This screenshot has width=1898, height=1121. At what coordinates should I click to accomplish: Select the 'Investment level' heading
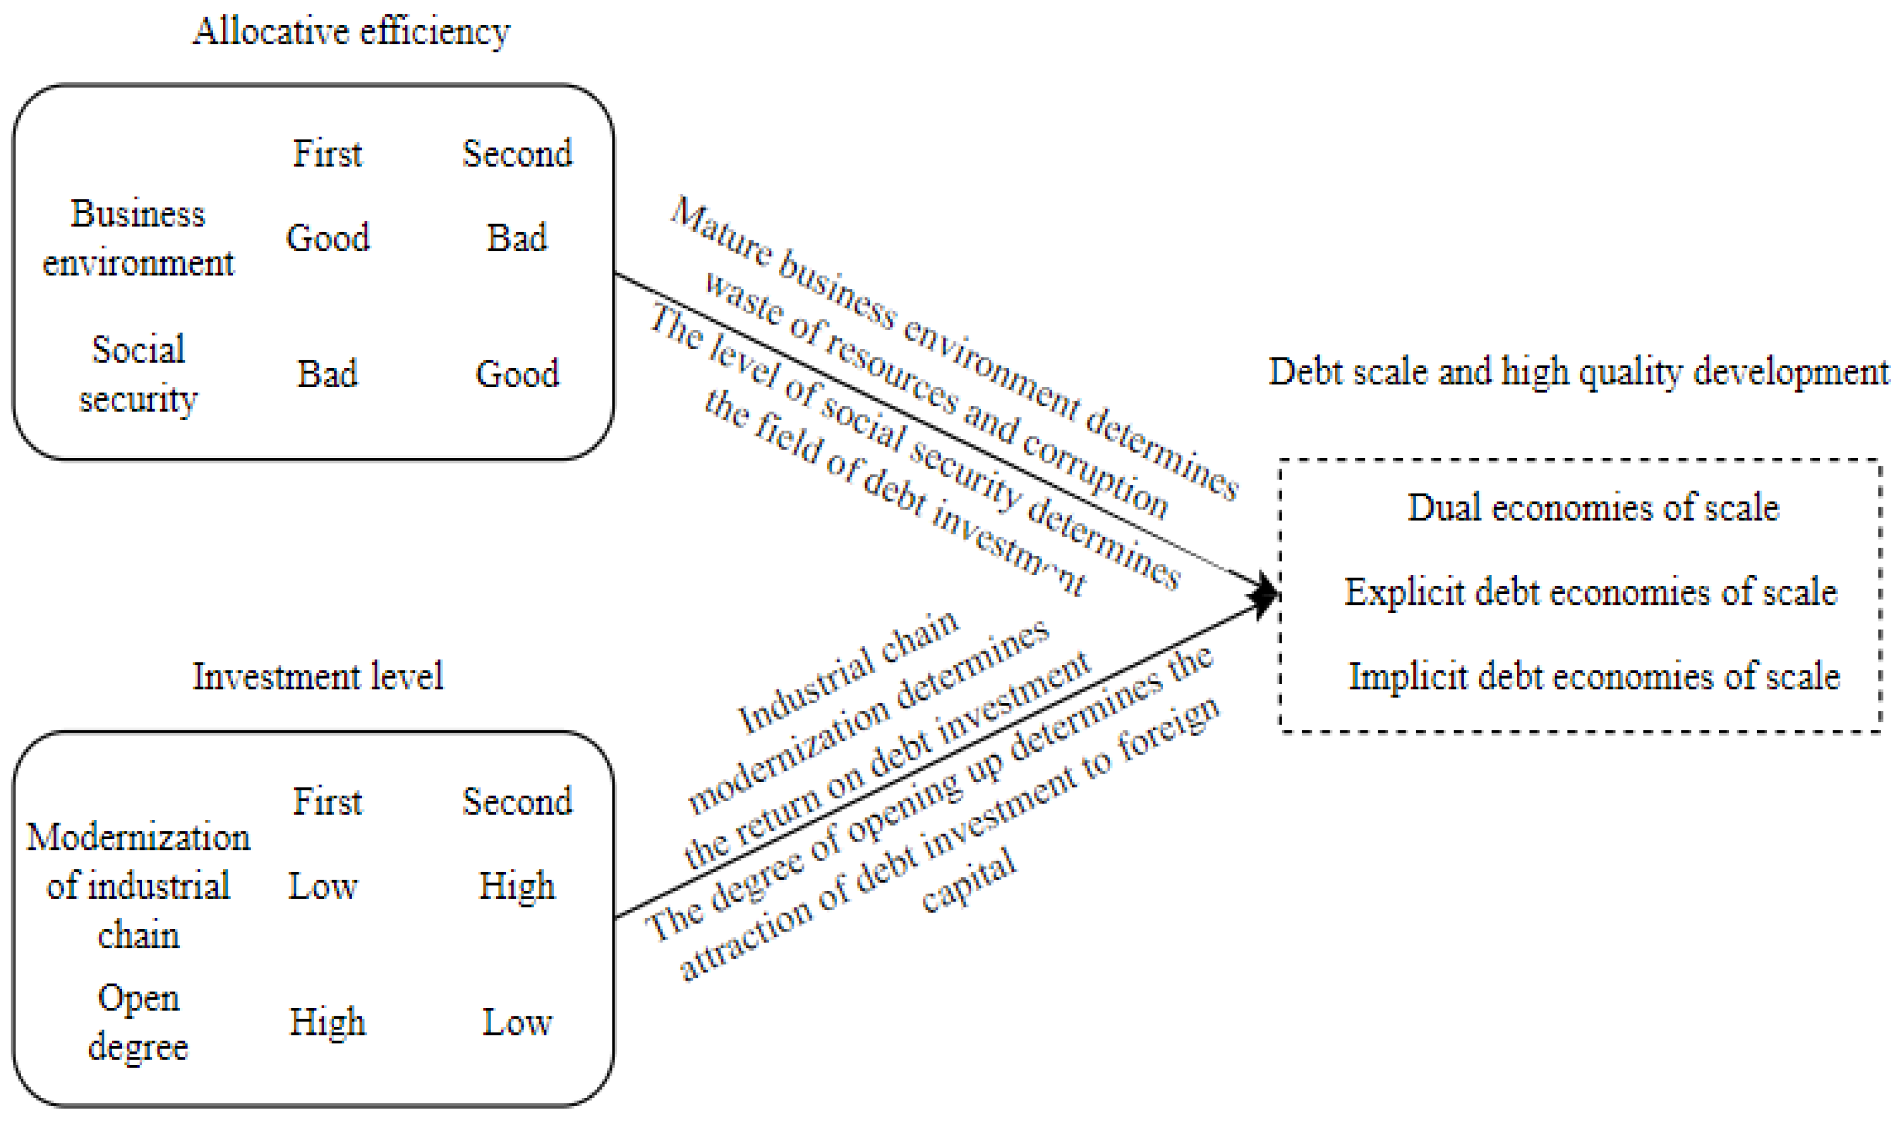coord(317,676)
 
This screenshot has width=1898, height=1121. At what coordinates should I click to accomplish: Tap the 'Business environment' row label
coord(138,238)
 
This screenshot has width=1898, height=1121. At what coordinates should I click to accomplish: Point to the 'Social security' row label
coord(138,374)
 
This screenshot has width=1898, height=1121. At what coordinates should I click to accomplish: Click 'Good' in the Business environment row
coord(328,238)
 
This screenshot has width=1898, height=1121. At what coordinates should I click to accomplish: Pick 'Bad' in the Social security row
coord(327,374)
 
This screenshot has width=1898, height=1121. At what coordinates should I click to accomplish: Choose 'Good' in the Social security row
coord(517,374)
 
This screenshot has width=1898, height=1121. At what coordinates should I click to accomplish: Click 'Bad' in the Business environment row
coord(517,238)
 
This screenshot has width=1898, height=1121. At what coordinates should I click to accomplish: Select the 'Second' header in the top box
coord(517,154)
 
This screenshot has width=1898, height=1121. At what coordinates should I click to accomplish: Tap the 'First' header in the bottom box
coord(327,802)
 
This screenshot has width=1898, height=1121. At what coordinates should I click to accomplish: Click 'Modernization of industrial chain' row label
coord(138,886)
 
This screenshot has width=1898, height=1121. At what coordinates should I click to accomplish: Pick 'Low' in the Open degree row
coord(517,1023)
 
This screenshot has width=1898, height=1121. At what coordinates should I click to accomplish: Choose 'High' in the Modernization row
coord(517,886)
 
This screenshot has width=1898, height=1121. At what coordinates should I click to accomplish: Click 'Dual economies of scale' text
coord(1593,508)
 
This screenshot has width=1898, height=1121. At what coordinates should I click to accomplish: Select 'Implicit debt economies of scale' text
coord(1594,676)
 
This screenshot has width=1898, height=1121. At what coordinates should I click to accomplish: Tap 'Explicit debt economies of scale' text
coord(1590,592)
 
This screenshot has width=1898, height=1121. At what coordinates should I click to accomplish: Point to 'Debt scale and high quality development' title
coord(1579,372)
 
